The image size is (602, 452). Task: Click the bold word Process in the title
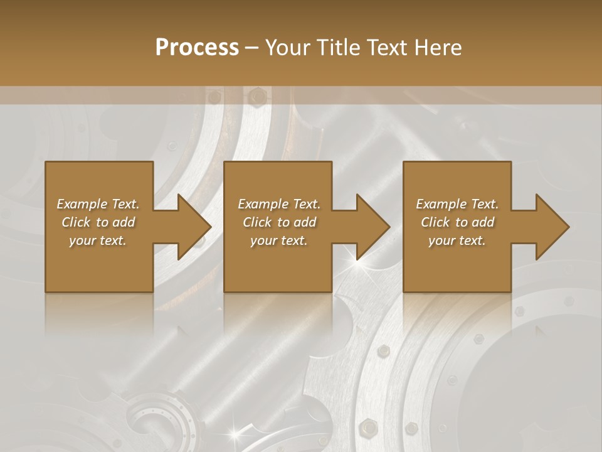(x=197, y=48)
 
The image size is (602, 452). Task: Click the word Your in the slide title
(x=287, y=48)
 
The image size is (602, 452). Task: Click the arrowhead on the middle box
(x=374, y=227)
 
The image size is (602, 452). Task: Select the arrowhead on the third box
(x=553, y=227)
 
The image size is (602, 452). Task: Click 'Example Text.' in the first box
(x=98, y=204)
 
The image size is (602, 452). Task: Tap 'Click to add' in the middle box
(x=279, y=222)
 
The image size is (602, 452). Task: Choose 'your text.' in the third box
(x=457, y=240)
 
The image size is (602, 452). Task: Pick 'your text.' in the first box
(x=98, y=240)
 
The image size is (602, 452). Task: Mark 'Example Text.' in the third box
(x=457, y=204)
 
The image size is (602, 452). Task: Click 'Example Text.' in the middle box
(x=279, y=204)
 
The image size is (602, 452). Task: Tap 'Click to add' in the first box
(x=98, y=222)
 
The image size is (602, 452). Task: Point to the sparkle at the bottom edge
(x=236, y=433)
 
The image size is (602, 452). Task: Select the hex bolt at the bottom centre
(x=368, y=429)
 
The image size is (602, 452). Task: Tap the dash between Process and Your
(x=252, y=48)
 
